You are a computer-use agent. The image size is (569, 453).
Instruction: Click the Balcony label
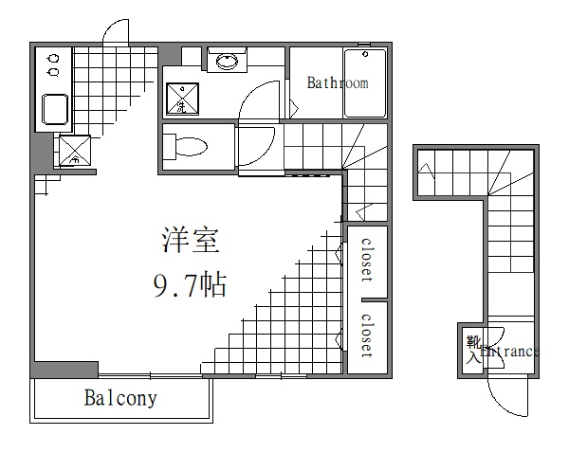point(119,398)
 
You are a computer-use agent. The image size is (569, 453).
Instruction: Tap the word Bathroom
point(337,83)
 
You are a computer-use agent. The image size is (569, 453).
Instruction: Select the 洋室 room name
point(189,241)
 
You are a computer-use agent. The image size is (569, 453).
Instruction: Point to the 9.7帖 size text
point(190,284)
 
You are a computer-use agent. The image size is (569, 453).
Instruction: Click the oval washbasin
point(227,63)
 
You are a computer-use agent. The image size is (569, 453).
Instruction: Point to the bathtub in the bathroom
point(365,83)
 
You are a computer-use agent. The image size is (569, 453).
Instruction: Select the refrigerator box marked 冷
point(74,150)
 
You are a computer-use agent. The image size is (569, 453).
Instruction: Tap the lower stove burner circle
point(51,71)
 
